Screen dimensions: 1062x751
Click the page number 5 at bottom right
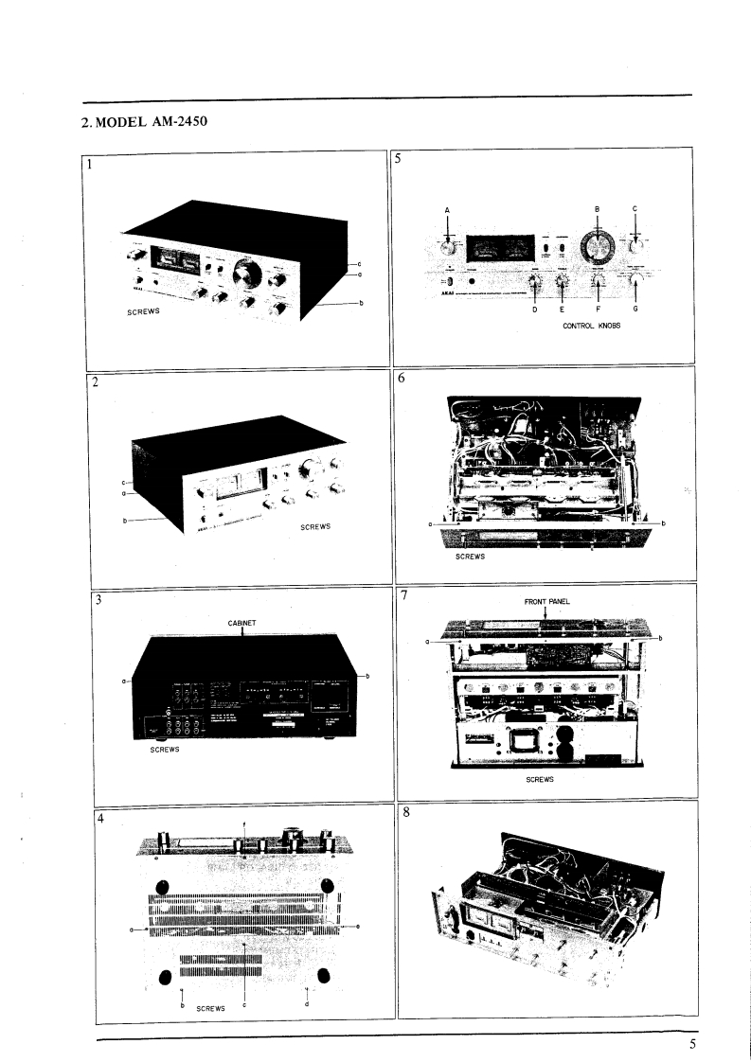pos(692,1045)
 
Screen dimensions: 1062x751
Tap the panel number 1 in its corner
pos(91,163)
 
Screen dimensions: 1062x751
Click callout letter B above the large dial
pos(597,208)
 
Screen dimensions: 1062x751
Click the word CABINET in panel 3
pos(243,622)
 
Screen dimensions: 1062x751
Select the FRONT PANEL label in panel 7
pos(545,600)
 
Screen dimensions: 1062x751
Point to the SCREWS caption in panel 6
pos(471,558)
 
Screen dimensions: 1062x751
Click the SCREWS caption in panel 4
pos(210,1009)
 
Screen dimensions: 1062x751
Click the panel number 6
pos(402,378)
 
